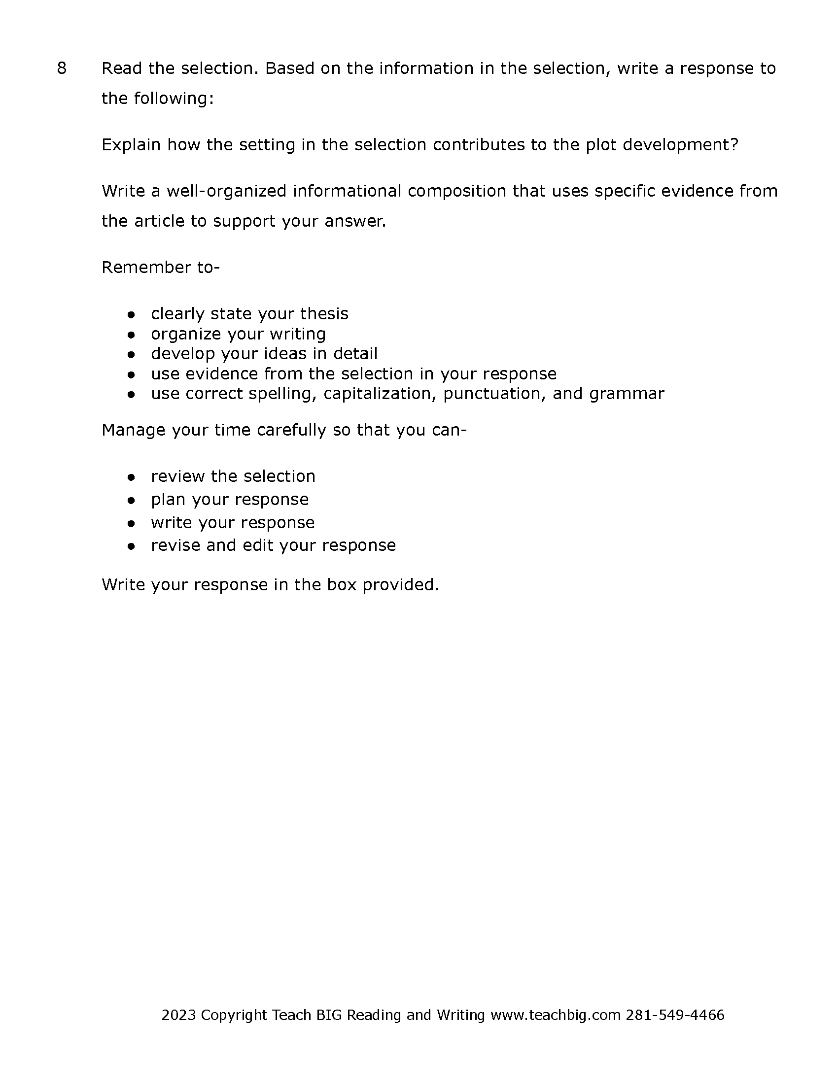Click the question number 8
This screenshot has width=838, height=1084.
(62, 68)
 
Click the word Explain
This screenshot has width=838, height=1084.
(131, 145)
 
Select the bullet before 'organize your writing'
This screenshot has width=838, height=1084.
(131, 335)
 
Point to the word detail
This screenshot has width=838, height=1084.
(355, 353)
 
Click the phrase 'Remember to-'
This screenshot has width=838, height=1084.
(160, 268)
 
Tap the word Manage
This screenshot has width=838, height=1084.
(134, 430)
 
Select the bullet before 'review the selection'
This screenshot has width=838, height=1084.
(131, 477)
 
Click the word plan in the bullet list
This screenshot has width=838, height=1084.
(168, 500)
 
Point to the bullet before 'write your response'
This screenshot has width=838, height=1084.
(131, 524)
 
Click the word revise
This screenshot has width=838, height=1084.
(176, 545)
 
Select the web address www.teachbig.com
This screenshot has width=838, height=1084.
(556, 1015)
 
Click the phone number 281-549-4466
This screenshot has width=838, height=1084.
(675, 1015)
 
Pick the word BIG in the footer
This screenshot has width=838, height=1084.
(329, 1015)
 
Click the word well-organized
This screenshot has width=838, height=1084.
(226, 191)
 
